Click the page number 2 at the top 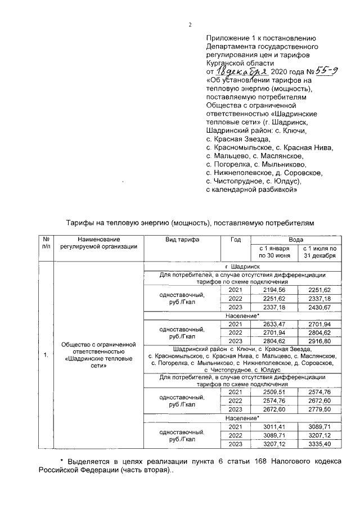click(x=190, y=25)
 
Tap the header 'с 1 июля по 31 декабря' click(x=319, y=252)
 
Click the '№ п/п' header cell click(x=46, y=243)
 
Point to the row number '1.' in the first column click(x=46, y=355)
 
